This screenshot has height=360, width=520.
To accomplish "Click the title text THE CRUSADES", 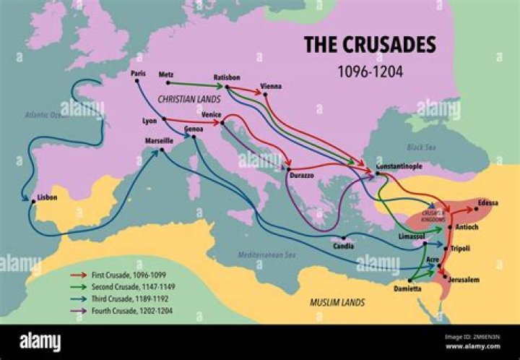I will (x=369, y=45).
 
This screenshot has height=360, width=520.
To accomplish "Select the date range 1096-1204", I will (x=369, y=72).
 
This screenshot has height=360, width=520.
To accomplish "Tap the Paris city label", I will (x=138, y=73).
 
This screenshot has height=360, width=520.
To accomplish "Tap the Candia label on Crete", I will (x=343, y=247).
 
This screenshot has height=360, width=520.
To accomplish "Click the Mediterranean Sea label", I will (x=268, y=255).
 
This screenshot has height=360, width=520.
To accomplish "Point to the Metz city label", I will (x=165, y=74).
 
